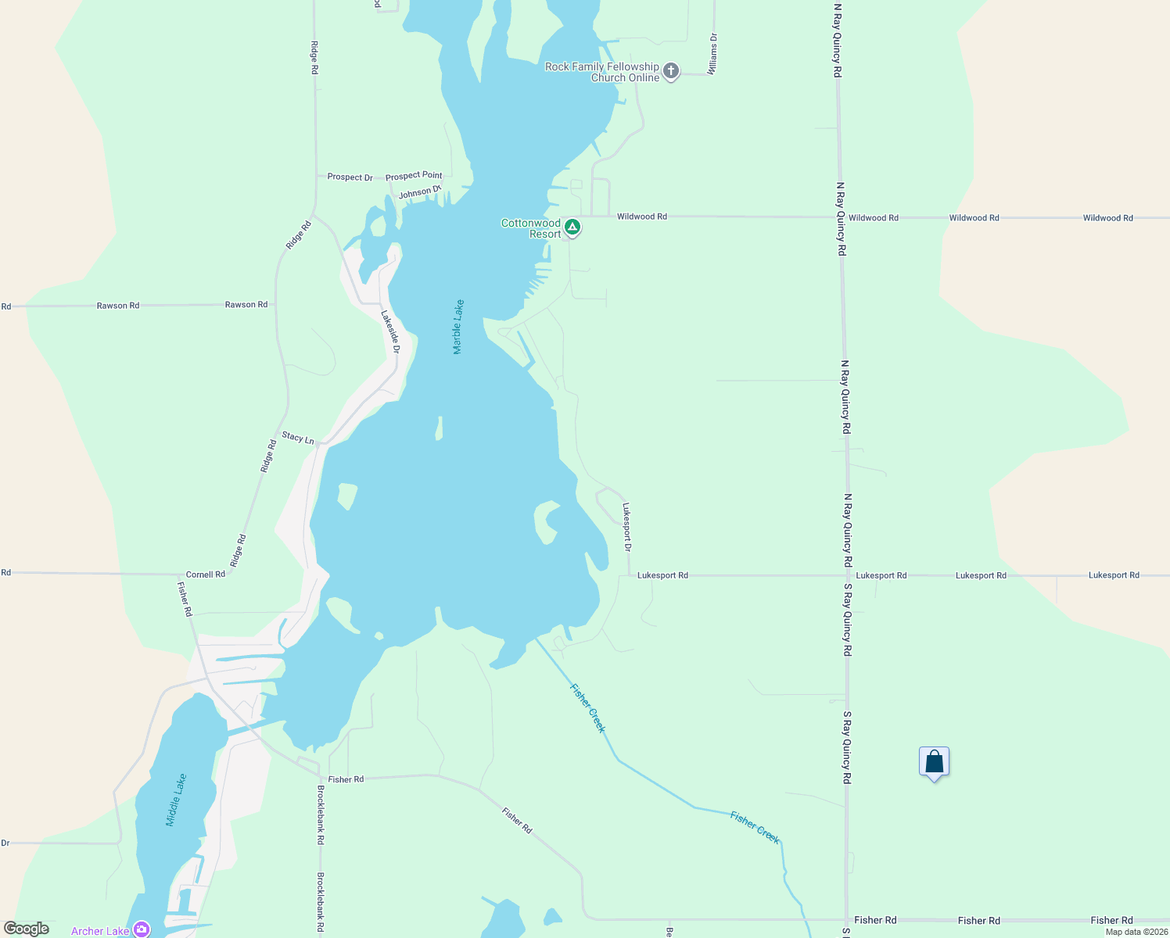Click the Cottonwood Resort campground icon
(x=572, y=227)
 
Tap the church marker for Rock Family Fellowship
(x=671, y=72)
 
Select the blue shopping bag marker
(x=934, y=762)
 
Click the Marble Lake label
(x=459, y=327)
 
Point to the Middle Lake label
(x=177, y=800)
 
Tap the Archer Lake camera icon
(x=142, y=929)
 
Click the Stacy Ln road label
(x=297, y=437)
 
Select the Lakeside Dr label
(x=390, y=331)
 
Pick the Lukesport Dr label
(x=626, y=527)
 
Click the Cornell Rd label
(x=205, y=574)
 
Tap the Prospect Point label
(x=414, y=176)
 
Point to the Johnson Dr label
(x=420, y=192)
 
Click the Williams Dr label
(x=712, y=54)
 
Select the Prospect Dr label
(x=350, y=177)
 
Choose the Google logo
(x=27, y=929)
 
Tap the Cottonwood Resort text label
(x=532, y=228)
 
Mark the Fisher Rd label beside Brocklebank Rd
(x=346, y=779)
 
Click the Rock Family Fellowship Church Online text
(x=603, y=72)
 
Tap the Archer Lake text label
(x=100, y=931)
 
